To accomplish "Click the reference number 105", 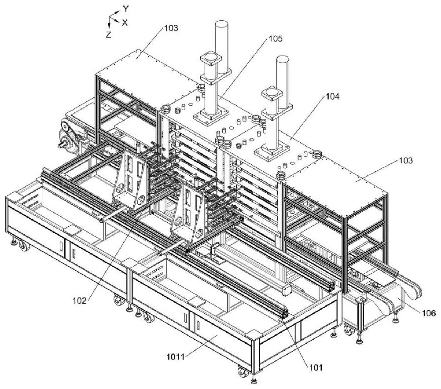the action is tap(275, 39).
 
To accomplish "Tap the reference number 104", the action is tap(332, 96).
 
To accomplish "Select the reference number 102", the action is tap(79, 301).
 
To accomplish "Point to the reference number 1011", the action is tap(176, 357).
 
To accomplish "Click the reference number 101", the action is tap(316, 367).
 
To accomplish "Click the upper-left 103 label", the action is tap(171, 28).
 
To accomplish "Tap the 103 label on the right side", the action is tap(406, 161).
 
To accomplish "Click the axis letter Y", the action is tap(126, 9).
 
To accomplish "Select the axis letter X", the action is tap(125, 22).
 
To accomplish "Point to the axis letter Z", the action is tap(108, 34).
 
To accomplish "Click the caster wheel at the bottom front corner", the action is tap(242, 373).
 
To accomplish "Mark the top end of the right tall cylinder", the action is tap(283, 59).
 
